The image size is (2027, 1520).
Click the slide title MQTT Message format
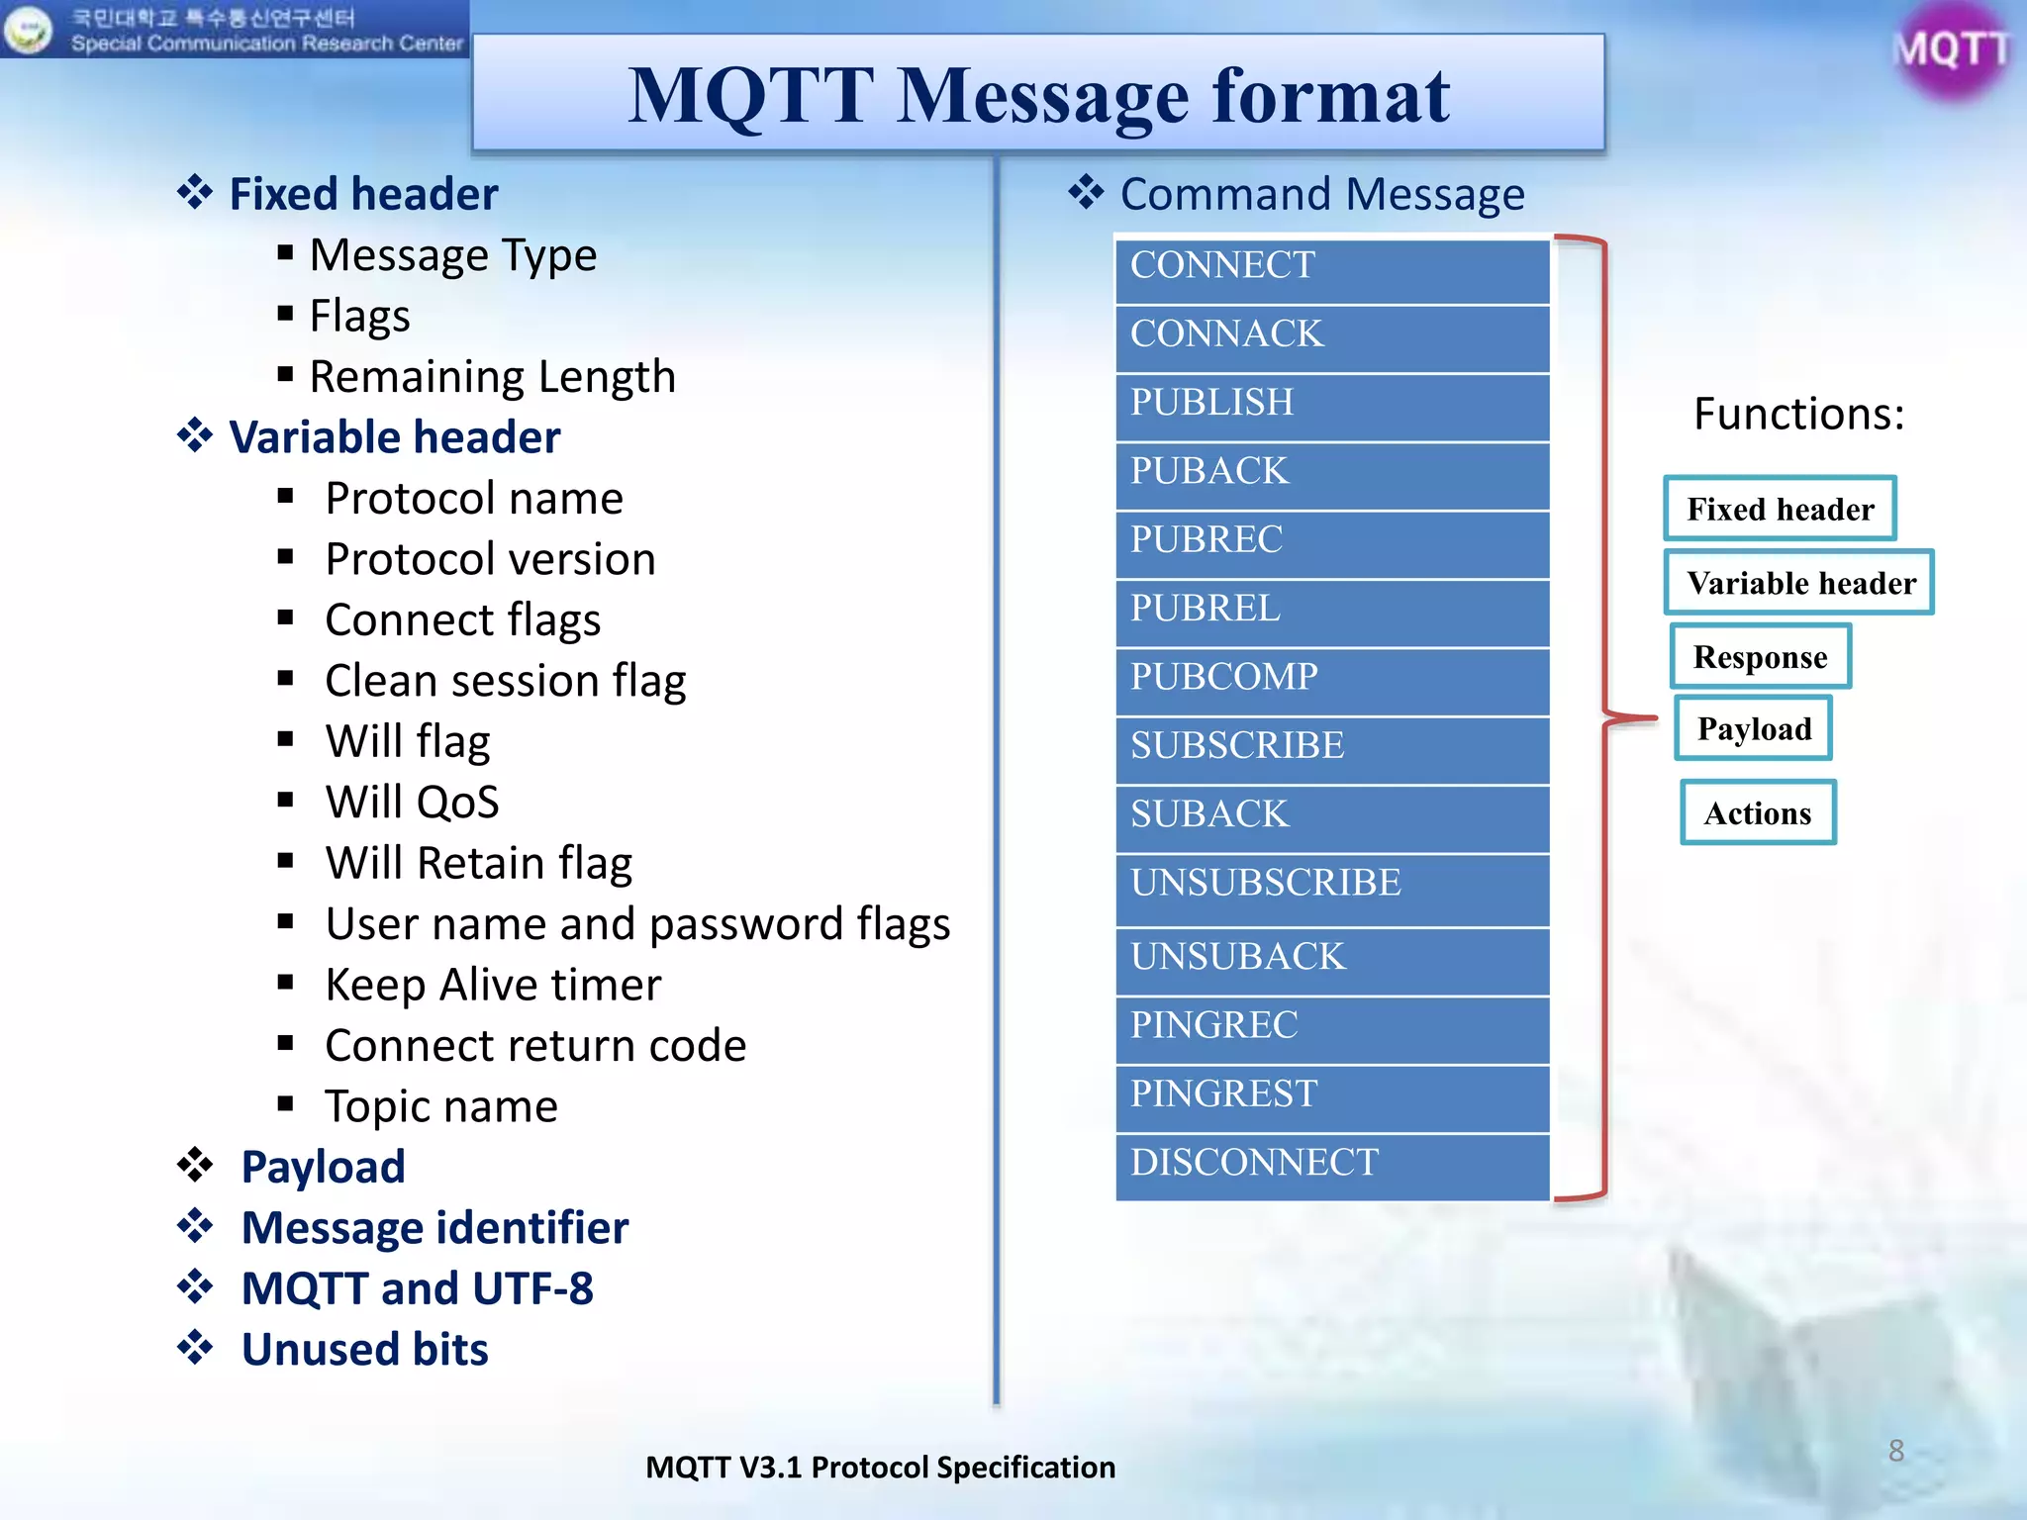click(1038, 95)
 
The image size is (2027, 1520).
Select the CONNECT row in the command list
click(1331, 268)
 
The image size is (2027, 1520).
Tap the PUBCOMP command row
click(1331, 680)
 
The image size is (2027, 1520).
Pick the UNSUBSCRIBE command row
click(1331, 886)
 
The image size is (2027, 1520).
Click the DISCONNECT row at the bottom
click(1331, 1165)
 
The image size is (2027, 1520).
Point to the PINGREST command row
click(1331, 1096)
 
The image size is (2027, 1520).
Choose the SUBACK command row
click(1331, 816)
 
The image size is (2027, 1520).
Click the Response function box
click(1760, 657)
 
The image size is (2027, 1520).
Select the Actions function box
click(1758, 813)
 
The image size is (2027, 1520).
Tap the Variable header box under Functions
click(1800, 583)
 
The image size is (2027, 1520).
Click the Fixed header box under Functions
click(1780, 509)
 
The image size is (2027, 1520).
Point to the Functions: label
click(1798, 414)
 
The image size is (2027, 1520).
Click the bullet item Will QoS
click(412, 802)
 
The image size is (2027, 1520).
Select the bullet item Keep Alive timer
click(493, 985)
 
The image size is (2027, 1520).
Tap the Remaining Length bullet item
click(492, 377)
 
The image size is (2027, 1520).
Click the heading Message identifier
click(434, 1228)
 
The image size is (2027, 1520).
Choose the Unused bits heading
click(364, 1350)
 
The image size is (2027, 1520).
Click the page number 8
click(1895, 1451)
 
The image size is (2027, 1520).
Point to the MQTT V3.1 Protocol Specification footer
click(880, 1467)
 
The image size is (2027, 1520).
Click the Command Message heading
click(1321, 194)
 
